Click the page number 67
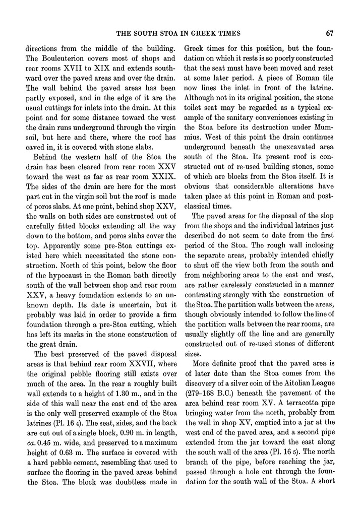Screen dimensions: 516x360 click(x=331, y=34)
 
